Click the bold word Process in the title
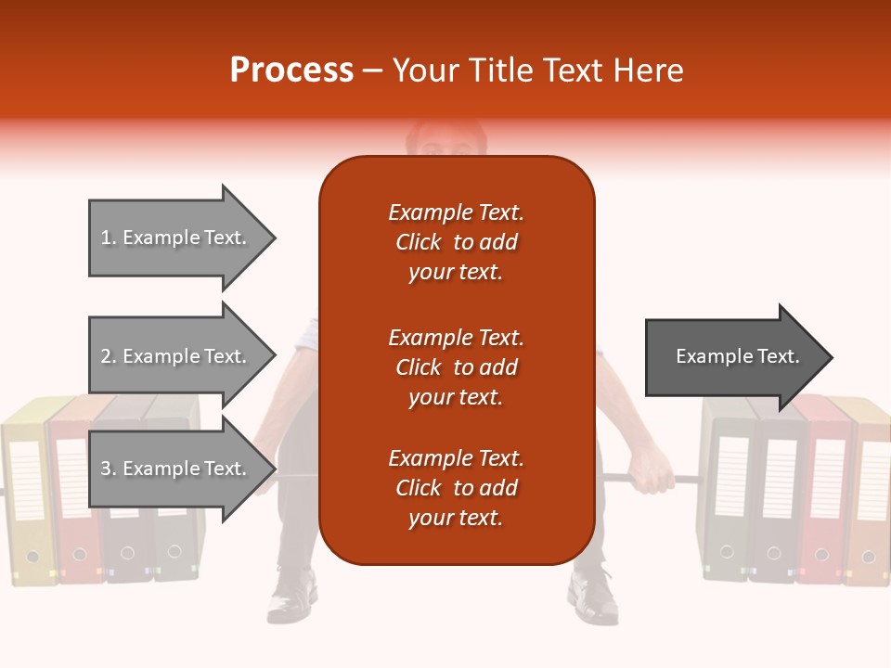coord(291,71)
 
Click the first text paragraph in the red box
coord(456,242)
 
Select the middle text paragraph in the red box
coord(456,367)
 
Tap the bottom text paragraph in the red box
coord(456,488)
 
